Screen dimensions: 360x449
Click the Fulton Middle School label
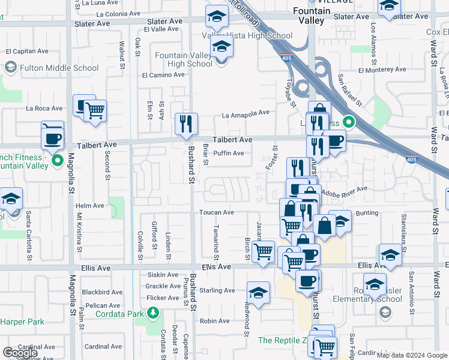[x=59, y=68]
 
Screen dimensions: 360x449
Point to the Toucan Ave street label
[x=216, y=212]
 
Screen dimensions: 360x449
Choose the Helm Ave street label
[x=90, y=206]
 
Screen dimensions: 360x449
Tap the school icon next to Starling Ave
[x=258, y=293]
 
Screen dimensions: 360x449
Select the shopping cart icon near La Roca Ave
[x=95, y=110]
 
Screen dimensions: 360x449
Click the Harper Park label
[x=22, y=322]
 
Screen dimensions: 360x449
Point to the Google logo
[x=20, y=353]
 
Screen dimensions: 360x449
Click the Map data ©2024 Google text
[x=412, y=355]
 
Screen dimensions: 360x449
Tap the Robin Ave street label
[x=215, y=321]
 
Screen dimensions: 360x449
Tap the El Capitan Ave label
[x=26, y=52]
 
